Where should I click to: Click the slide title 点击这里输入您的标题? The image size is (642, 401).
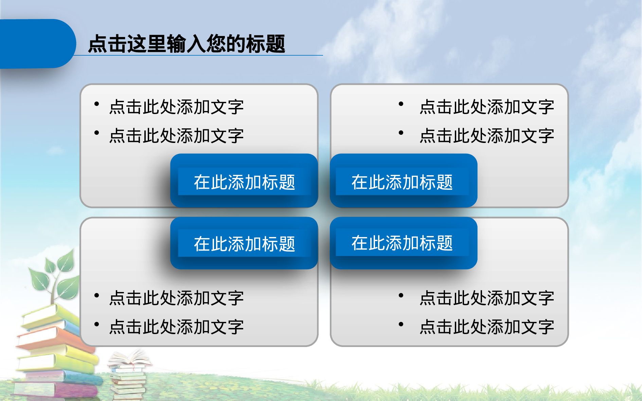coord(186,44)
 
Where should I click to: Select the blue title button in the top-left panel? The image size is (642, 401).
coord(244,182)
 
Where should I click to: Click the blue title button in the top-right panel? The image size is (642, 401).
coord(403,182)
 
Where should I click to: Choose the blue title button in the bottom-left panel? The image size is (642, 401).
coord(244,243)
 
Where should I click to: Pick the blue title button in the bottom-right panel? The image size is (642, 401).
coord(403,243)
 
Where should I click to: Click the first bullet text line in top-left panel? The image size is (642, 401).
coord(176,107)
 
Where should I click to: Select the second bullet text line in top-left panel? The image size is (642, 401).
coord(176,136)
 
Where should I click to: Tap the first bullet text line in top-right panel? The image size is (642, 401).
coord(486,107)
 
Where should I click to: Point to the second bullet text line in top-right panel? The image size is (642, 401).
coord(486,136)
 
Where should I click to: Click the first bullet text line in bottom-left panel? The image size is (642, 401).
coord(176,298)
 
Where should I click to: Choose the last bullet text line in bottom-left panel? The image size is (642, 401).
coord(176,327)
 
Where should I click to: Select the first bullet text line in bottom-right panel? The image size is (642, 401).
coord(486,298)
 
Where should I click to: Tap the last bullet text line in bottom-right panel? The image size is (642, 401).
coord(486,327)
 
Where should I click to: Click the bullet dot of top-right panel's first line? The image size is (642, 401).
coord(401,104)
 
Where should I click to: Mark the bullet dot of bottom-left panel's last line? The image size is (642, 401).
coord(97,324)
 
